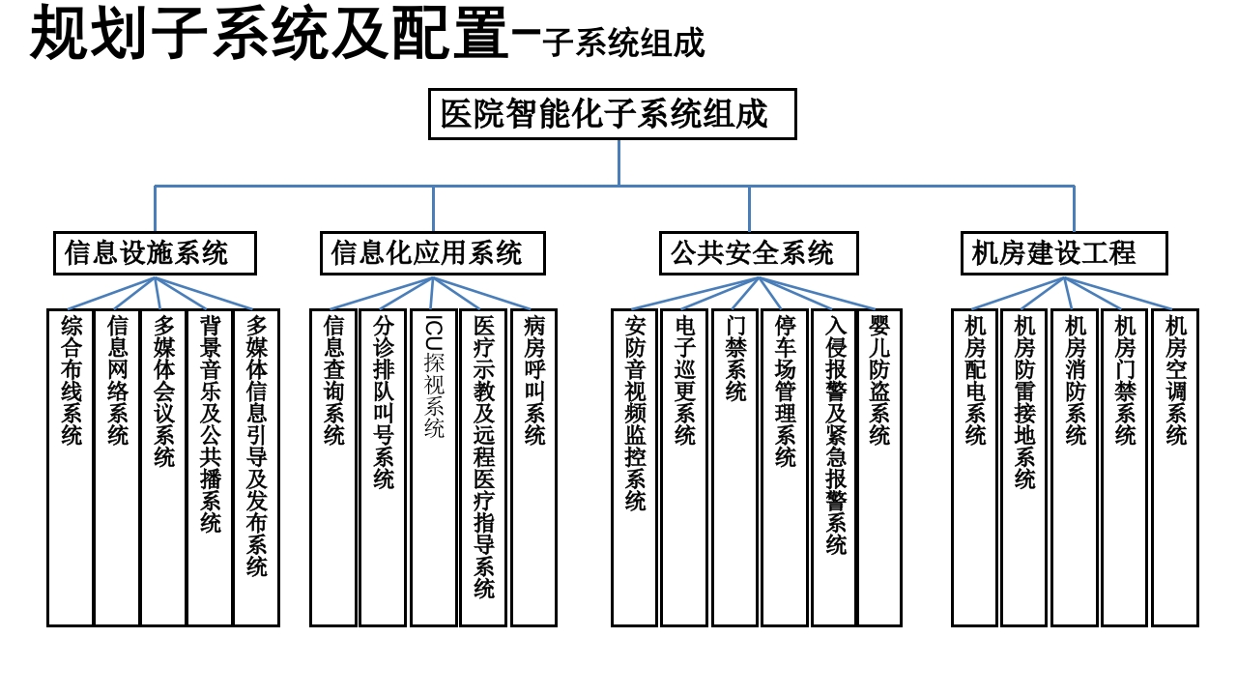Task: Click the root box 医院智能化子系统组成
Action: pos(613,114)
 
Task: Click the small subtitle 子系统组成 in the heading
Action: pos(623,43)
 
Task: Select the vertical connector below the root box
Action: pos(619,162)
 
